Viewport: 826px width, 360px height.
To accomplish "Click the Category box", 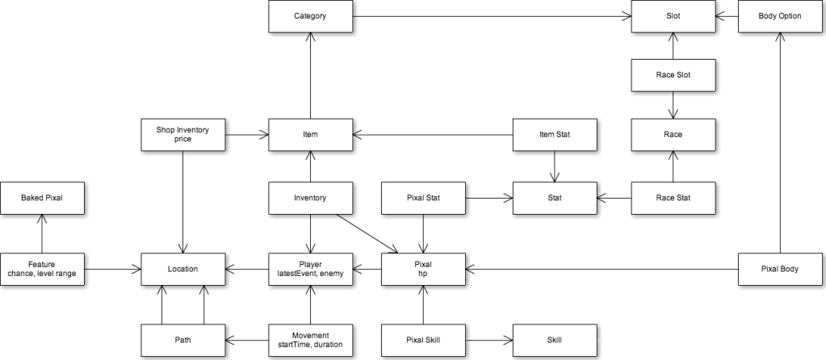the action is (x=310, y=16).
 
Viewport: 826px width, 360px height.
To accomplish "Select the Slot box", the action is (x=673, y=16).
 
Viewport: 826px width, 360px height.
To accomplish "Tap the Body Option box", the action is (x=780, y=16).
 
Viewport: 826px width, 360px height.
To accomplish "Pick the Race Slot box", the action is (x=673, y=75).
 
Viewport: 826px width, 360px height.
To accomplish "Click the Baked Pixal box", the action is (x=42, y=199).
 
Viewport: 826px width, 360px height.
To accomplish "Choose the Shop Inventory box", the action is (x=182, y=134).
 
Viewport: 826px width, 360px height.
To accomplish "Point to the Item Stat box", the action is (x=555, y=135).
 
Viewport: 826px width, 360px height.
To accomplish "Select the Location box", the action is (x=182, y=269).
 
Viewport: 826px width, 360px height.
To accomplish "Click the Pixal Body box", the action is (x=780, y=269).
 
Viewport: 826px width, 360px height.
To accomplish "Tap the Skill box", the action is (x=555, y=340).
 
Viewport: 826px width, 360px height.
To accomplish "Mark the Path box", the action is (x=182, y=340).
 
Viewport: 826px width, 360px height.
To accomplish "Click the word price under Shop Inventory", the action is (x=182, y=139).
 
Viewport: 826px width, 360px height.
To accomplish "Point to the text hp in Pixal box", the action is (x=424, y=274).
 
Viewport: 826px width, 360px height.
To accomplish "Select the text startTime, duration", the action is (x=310, y=345).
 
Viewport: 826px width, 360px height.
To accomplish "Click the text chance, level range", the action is (x=42, y=274).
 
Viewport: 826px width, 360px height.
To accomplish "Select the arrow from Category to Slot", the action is (x=492, y=16).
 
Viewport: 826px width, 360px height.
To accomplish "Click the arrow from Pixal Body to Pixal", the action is (x=602, y=270).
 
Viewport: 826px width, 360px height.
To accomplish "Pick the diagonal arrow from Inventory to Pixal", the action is (x=367, y=234).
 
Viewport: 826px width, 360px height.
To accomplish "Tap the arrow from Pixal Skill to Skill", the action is (x=489, y=341).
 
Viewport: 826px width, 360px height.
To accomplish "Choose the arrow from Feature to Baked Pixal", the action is (x=42, y=234).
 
